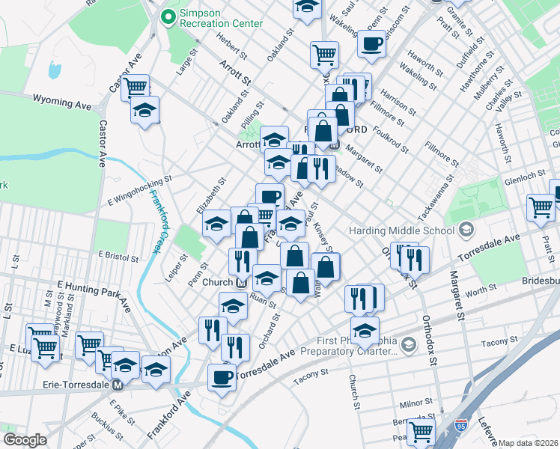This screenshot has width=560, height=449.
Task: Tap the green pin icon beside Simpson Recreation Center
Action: click(x=169, y=16)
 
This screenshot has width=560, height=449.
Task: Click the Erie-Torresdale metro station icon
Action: click(x=118, y=385)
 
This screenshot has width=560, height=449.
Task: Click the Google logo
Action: click(x=25, y=439)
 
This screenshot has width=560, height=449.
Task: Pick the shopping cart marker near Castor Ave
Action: click(x=136, y=88)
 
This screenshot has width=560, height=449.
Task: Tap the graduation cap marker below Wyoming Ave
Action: click(x=144, y=111)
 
